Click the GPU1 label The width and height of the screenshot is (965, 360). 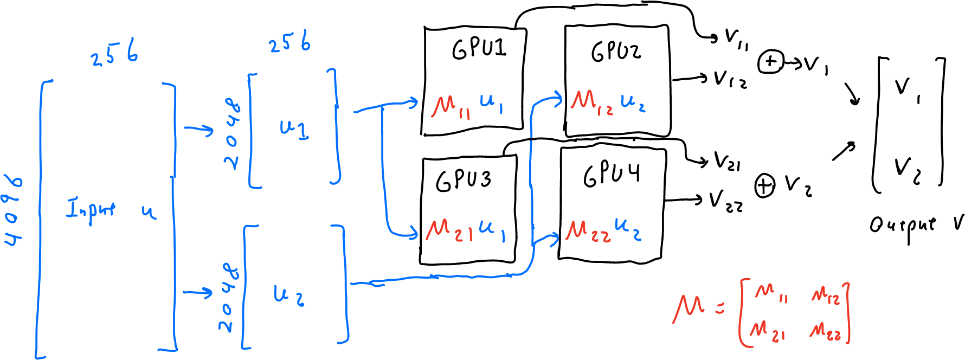[x=479, y=48]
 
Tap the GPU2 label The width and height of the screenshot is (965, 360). [x=616, y=52]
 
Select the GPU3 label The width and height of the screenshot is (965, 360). [x=464, y=180]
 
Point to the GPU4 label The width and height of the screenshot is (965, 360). [x=611, y=175]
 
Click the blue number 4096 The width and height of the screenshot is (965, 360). [x=14, y=210]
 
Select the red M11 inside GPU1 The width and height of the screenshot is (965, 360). [x=451, y=106]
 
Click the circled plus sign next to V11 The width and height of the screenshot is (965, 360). [x=770, y=62]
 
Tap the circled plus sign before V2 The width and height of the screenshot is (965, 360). [x=764, y=186]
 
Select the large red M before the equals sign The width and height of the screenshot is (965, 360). [x=689, y=309]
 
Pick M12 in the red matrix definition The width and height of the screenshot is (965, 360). [x=826, y=295]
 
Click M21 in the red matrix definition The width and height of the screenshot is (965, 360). [x=767, y=330]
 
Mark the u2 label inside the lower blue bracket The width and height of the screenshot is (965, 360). [x=288, y=295]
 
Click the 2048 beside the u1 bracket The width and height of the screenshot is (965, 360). [x=232, y=133]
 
